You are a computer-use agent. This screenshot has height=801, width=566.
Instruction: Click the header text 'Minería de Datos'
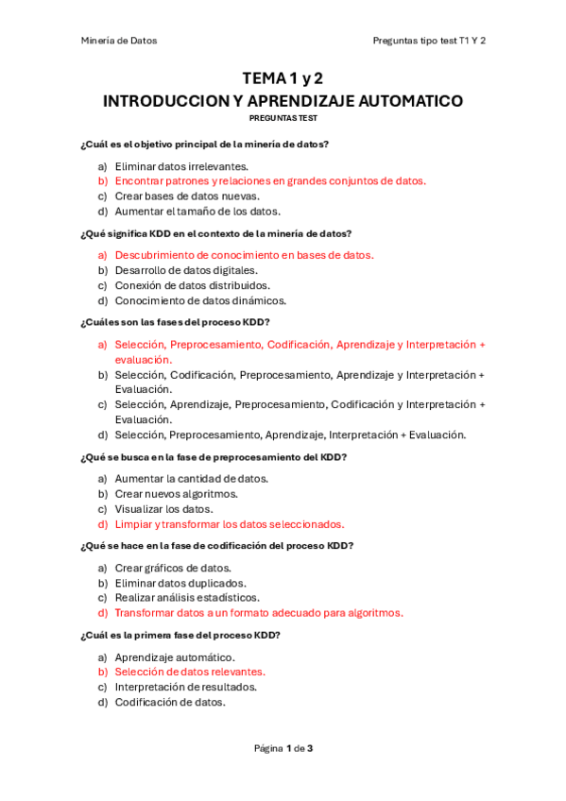pyautogui.click(x=118, y=41)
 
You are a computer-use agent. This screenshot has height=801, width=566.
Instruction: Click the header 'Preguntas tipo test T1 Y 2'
pyautogui.click(x=429, y=41)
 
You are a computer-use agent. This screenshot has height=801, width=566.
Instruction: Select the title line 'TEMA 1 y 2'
pyautogui.click(x=283, y=78)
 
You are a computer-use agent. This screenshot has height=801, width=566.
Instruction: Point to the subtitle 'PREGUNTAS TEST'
pyautogui.click(x=283, y=119)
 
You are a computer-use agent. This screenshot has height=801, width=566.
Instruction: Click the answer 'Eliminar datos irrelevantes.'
pyautogui.click(x=181, y=166)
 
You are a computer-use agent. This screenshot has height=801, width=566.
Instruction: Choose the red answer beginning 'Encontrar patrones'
pyautogui.click(x=270, y=180)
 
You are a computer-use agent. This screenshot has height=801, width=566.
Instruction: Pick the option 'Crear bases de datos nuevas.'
pyautogui.click(x=187, y=196)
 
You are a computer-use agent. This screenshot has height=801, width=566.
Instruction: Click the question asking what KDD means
pyautogui.click(x=215, y=233)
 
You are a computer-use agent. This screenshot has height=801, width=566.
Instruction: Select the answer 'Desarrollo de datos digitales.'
pyautogui.click(x=186, y=270)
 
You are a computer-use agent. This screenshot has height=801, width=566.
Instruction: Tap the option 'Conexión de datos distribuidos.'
pyautogui.click(x=192, y=285)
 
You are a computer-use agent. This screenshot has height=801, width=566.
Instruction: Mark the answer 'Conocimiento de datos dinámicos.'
pyautogui.click(x=200, y=300)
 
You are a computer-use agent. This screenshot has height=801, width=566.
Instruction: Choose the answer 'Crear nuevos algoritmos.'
pyautogui.click(x=176, y=493)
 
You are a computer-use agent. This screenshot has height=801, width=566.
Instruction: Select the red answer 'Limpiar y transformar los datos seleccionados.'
pyautogui.click(x=230, y=524)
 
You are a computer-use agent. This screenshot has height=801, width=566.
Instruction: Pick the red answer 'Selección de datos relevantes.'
pyautogui.click(x=190, y=672)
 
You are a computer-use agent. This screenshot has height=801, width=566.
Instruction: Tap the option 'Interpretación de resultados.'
pyautogui.click(x=186, y=687)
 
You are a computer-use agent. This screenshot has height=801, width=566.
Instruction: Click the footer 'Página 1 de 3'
pyautogui.click(x=283, y=748)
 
